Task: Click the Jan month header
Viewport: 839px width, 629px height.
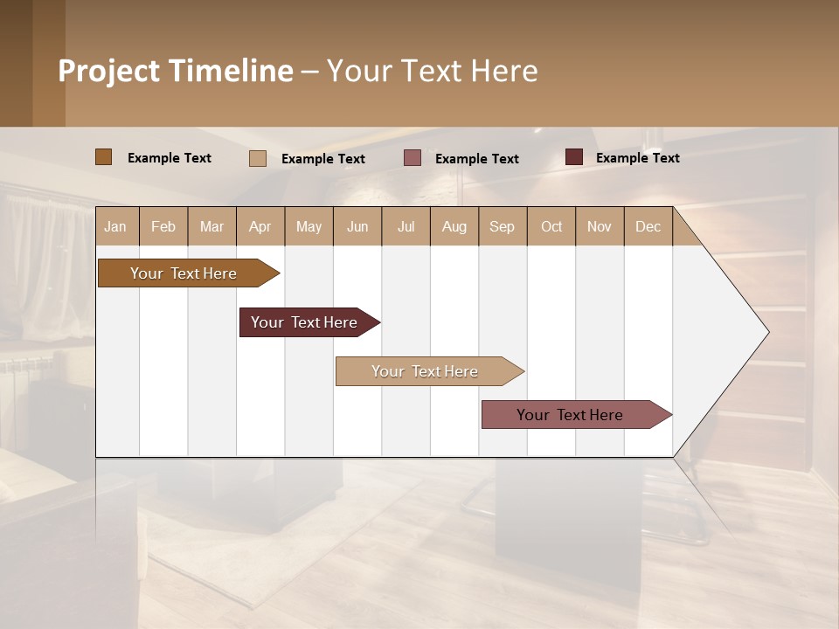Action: pyautogui.click(x=115, y=226)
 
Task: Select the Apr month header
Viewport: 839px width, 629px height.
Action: pyautogui.click(x=260, y=226)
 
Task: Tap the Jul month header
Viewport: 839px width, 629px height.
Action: pyautogui.click(x=406, y=226)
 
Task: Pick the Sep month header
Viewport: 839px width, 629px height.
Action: pyautogui.click(x=502, y=226)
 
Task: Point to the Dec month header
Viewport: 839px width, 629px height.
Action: pyautogui.click(x=648, y=226)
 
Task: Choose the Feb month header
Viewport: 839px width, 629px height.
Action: pyautogui.click(x=163, y=226)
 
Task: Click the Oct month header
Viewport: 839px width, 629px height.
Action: pyautogui.click(x=551, y=226)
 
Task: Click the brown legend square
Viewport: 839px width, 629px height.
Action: pyautogui.click(x=103, y=157)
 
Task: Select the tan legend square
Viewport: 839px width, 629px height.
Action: pyautogui.click(x=258, y=158)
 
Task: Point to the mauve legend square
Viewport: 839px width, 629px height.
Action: pyautogui.click(x=413, y=158)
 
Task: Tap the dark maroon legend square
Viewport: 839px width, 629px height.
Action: pyautogui.click(x=574, y=157)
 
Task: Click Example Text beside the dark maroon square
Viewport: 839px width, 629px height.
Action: pyautogui.click(x=637, y=158)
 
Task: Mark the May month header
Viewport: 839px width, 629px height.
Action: pyautogui.click(x=309, y=226)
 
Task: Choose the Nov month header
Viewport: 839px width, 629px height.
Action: pyautogui.click(x=600, y=226)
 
